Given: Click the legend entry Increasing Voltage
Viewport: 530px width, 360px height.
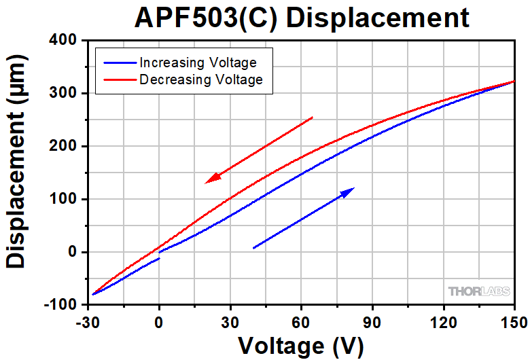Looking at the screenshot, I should (198, 62).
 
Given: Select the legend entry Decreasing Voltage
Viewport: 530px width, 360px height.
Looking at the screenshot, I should (200, 80).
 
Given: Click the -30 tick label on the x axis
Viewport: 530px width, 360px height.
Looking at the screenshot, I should (88, 320).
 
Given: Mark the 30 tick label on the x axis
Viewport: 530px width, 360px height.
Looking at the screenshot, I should (230, 320).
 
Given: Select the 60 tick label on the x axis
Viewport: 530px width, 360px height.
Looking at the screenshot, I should (301, 320).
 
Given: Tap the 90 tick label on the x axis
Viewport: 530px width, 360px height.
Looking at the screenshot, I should (372, 320).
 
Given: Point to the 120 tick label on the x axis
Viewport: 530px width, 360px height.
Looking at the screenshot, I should (443, 320).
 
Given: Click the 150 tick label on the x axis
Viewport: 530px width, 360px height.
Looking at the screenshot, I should (514, 320).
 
